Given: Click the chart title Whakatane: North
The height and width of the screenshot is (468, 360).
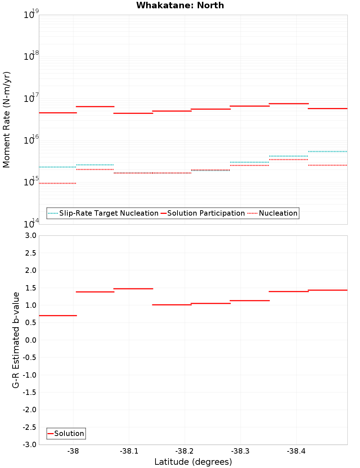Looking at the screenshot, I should tap(180, 5).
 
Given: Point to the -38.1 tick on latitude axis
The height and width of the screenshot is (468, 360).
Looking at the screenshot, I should tap(129, 451).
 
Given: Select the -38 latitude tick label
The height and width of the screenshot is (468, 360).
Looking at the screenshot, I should tap(73, 451).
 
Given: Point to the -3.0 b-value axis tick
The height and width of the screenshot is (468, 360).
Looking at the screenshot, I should tap(30, 445).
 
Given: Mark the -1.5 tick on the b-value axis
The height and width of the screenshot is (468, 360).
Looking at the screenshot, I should tap(30, 392).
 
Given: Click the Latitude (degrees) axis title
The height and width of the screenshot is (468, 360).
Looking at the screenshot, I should tap(193, 462).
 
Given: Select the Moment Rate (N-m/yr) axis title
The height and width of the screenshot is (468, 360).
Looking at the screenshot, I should tap(6, 120).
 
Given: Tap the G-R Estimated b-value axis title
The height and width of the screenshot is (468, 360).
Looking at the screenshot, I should tap(16, 340).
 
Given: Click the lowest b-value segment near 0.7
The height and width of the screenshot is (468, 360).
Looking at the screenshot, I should tap(58, 316).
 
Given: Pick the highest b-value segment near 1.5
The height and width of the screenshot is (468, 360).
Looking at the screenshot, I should tap(133, 289).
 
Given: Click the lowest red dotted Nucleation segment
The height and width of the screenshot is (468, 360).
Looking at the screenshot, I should tap(58, 183).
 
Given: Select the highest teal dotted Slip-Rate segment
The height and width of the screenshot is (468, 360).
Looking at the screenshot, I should tap(328, 152).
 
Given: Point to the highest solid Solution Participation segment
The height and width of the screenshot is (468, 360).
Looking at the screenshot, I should tap(289, 104).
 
